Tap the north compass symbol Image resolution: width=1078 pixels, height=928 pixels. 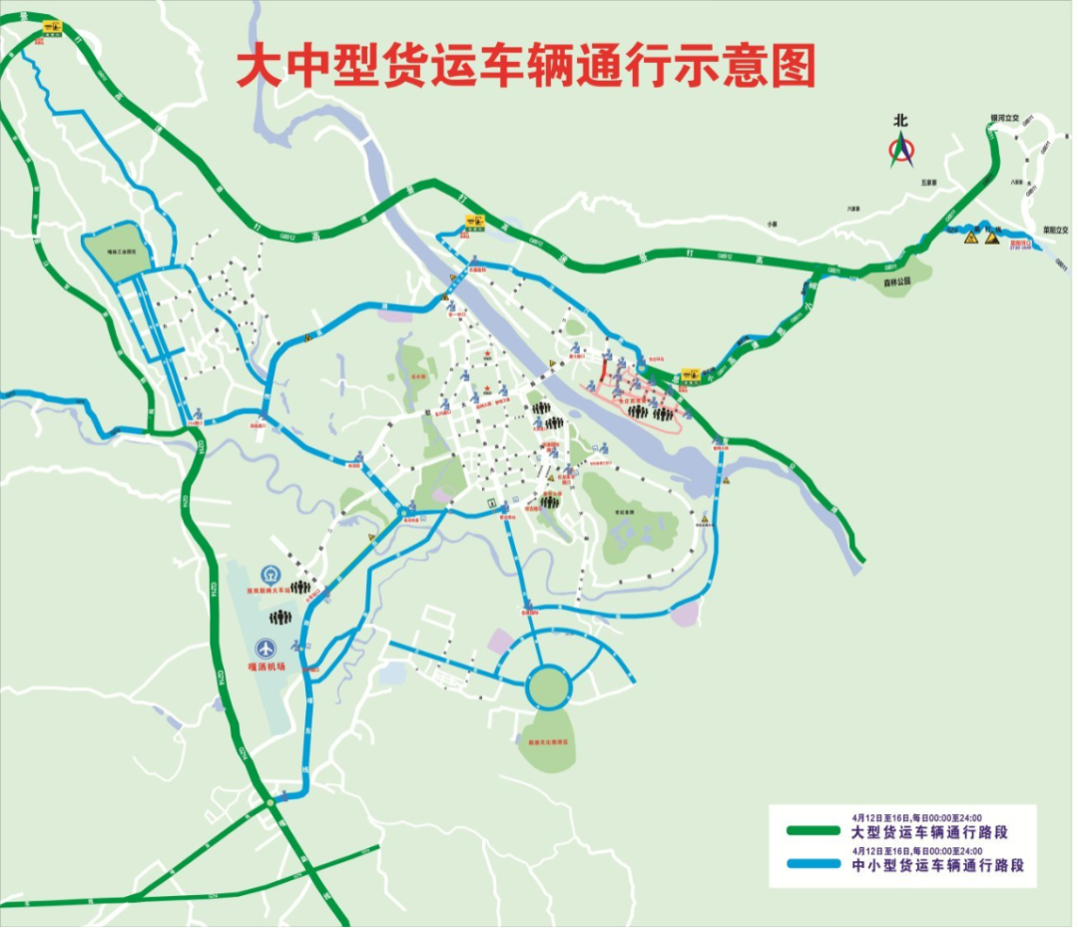[902, 151]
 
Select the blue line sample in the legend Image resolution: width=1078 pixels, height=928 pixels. [813, 865]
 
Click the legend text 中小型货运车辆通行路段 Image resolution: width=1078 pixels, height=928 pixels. [938, 865]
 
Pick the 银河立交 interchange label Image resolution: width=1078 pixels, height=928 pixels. [1003, 118]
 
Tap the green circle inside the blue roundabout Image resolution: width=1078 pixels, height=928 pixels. [546, 686]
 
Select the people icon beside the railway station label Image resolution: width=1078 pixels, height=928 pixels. [299, 588]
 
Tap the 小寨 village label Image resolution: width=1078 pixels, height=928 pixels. [772, 225]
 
